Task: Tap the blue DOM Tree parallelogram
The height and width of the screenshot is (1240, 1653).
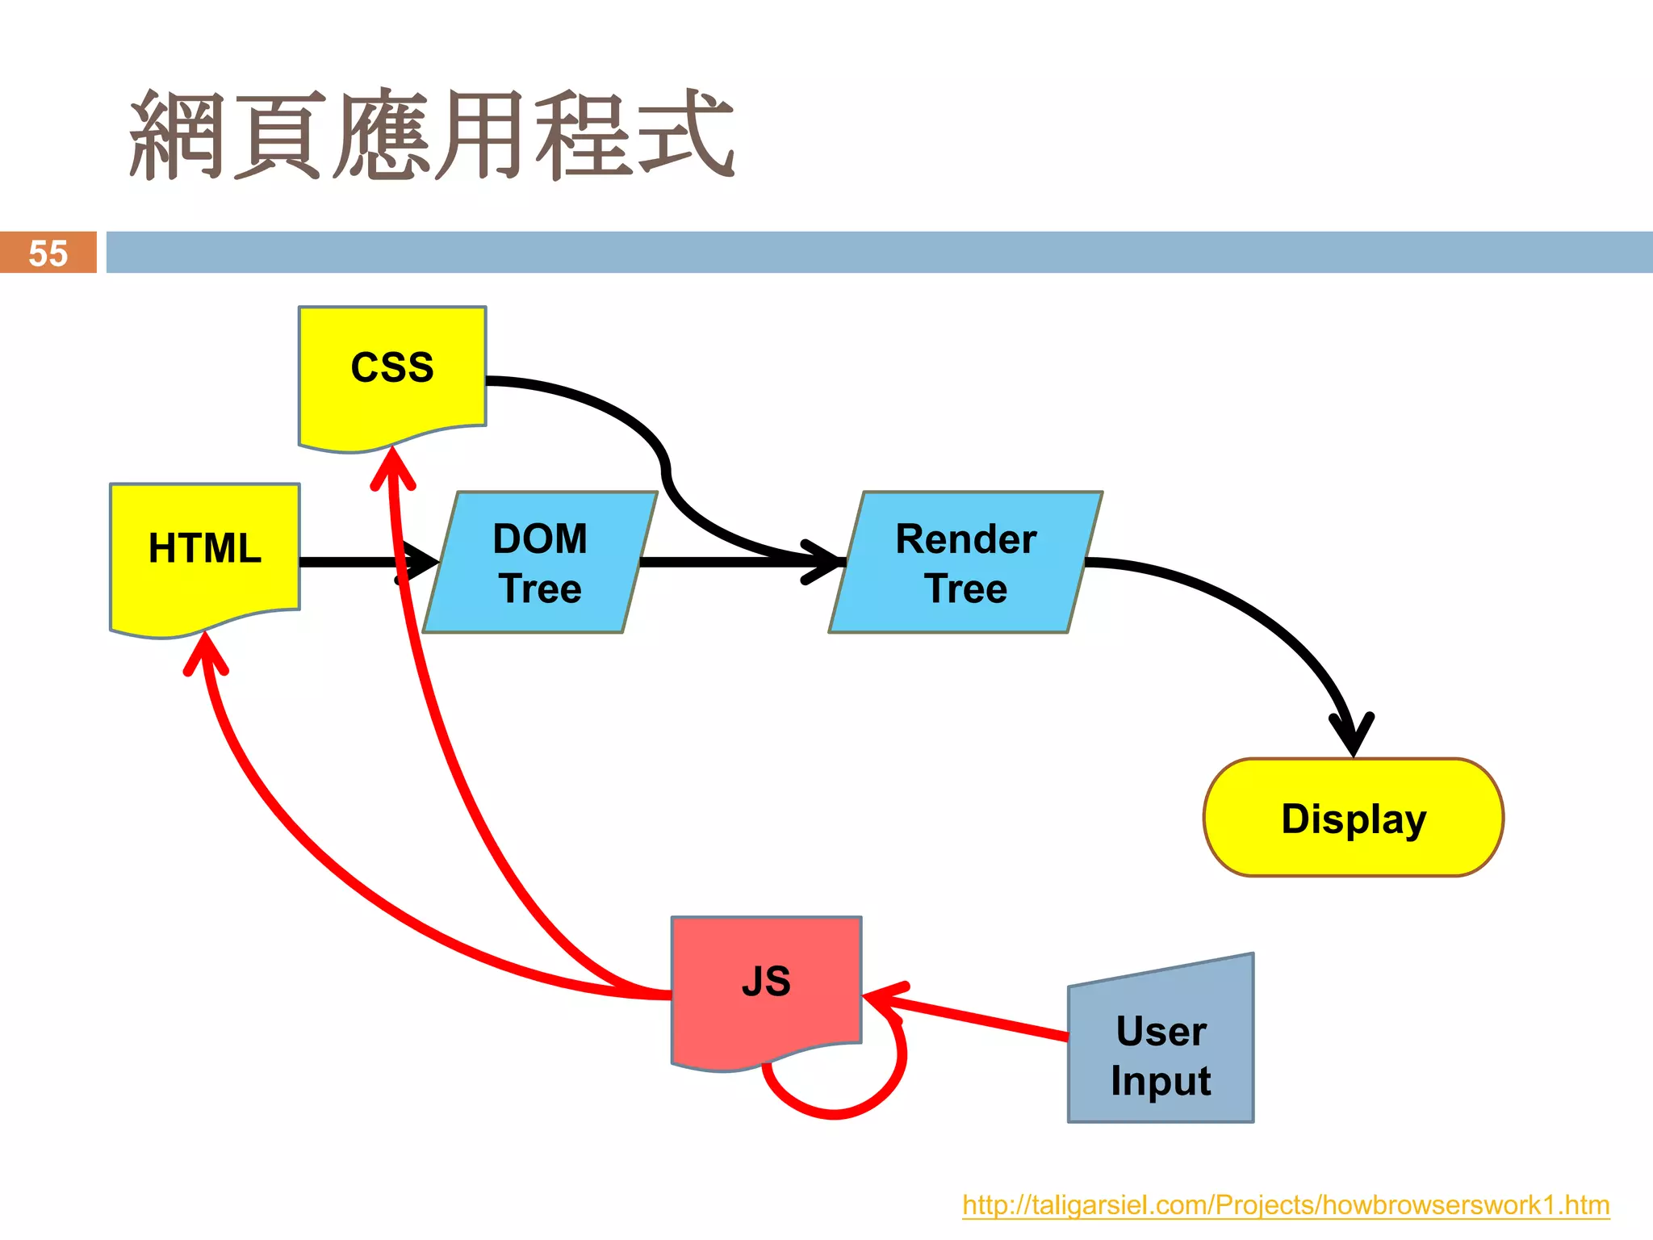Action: coord(540,563)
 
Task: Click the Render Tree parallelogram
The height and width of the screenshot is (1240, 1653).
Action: coord(965,563)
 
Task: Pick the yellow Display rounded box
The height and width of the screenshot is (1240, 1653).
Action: coord(1354,818)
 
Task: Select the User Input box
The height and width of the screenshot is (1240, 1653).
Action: coord(1161,1049)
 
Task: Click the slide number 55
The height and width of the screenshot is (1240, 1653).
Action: coord(48,253)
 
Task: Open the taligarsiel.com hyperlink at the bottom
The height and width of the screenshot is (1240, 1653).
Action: coord(1286,1205)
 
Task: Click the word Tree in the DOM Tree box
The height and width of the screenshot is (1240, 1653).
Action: coord(540,589)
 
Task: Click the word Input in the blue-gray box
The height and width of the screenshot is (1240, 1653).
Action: coord(1161,1081)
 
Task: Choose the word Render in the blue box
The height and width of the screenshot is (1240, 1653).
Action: coord(965,538)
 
